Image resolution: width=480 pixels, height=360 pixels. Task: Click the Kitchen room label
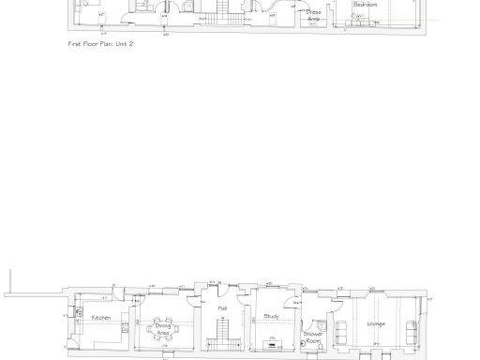(101, 318)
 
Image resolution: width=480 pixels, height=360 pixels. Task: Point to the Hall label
(222, 307)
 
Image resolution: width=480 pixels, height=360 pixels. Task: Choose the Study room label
(272, 317)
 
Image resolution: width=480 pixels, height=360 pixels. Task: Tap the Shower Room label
(313, 337)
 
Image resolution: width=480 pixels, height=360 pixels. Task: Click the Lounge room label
(376, 323)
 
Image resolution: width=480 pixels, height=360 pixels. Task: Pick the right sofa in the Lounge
(411, 331)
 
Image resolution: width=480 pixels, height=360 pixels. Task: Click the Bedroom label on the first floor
(365, 6)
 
